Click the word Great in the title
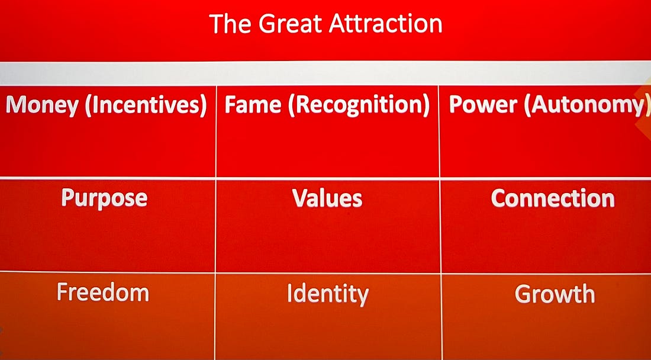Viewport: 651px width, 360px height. pos(290,23)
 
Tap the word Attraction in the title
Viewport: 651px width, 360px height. pos(385,23)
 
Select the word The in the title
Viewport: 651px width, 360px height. pos(230,23)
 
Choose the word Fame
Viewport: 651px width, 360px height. pos(253,105)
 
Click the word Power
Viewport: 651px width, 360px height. pos(484,105)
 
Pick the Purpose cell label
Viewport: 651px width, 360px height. pos(104,198)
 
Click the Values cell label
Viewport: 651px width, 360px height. pos(327,198)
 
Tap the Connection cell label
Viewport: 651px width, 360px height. pos(553,198)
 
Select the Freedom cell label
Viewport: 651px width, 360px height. pos(103,292)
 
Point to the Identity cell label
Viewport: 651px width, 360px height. pos(328,294)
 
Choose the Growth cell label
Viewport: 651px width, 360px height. pos(555,294)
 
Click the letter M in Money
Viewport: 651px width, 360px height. pos(15,105)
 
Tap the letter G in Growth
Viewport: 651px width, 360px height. pos(523,294)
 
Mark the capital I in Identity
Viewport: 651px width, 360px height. pos(290,294)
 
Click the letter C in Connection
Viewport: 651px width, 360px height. pos(499,198)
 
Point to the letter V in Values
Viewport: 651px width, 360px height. pos(300,198)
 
